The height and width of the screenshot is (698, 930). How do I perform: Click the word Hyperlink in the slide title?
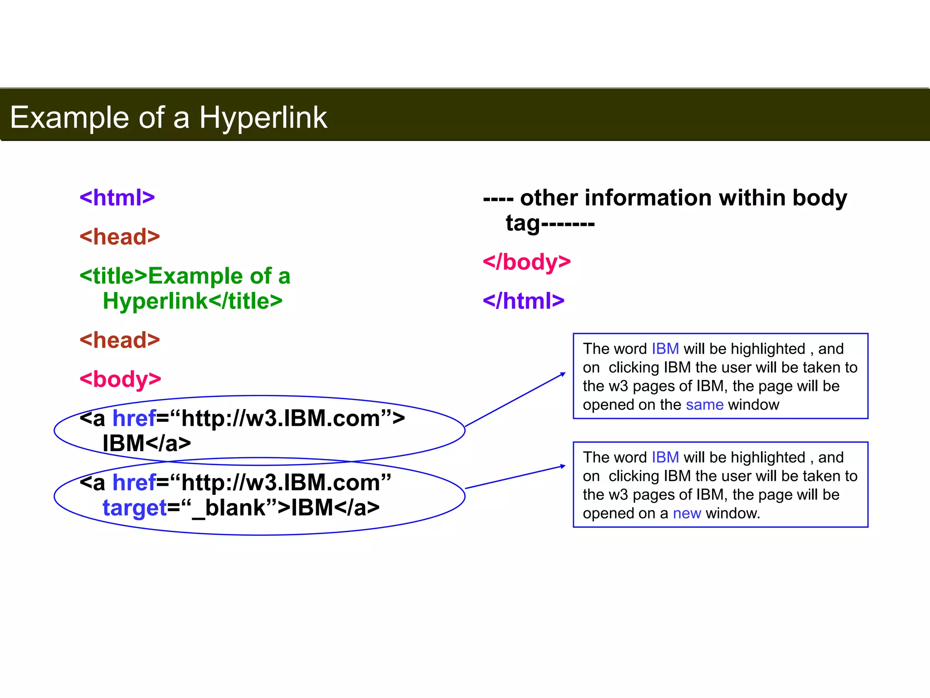pyautogui.click(x=263, y=118)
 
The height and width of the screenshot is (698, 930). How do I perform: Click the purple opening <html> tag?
pyautogui.click(x=117, y=198)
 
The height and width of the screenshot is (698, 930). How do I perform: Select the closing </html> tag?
pyautogui.click(x=524, y=301)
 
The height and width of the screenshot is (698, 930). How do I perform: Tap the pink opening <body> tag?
pyautogui.click(x=120, y=379)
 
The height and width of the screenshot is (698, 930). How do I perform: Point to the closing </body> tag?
pyautogui.click(x=527, y=262)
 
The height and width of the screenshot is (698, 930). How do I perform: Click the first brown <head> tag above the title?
pyautogui.click(x=120, y=237)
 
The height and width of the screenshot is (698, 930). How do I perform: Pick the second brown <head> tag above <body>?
pyautogui.click(x=120, y=340)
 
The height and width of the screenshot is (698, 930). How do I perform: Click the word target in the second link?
pyautogui.click(x=135, y=508)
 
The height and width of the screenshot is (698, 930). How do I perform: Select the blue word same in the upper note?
pyautogui.click(x=704, y=404)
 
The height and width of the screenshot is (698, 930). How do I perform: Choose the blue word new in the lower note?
pyautogui.click(x=687, y=513)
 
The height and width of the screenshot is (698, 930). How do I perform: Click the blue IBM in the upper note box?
pyautogui.click(x=665, y=349)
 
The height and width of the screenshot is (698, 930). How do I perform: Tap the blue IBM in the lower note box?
pyautogui.click(x=665, y=457)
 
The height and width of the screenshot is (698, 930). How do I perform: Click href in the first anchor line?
pyautogui.click(x=134, y=418)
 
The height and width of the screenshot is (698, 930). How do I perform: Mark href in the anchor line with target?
pyautogui.click(x=134, y=483)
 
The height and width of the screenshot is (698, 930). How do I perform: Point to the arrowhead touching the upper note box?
pyautogui.click(x=563, y=374)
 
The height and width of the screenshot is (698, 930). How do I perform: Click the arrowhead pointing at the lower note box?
pyautogui.click(x=563, y=466)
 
